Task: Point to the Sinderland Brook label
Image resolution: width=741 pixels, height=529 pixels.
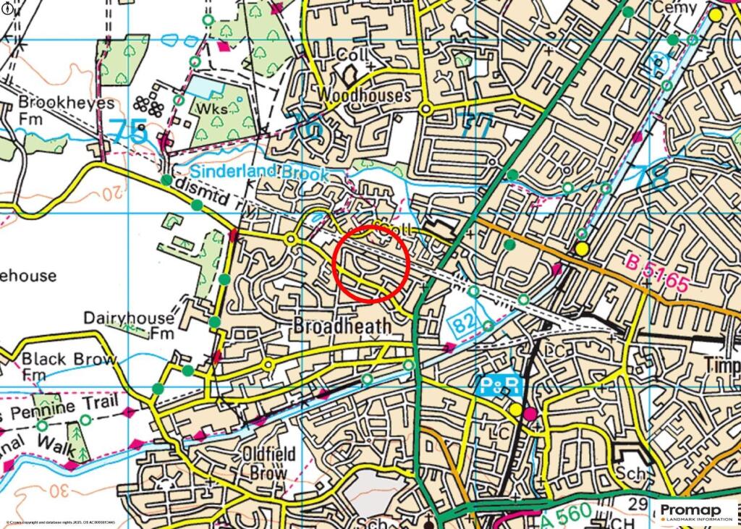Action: coord(259,172)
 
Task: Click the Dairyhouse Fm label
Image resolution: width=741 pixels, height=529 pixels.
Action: coord(129,325)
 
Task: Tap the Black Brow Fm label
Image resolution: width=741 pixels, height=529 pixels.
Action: coord(69,366)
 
